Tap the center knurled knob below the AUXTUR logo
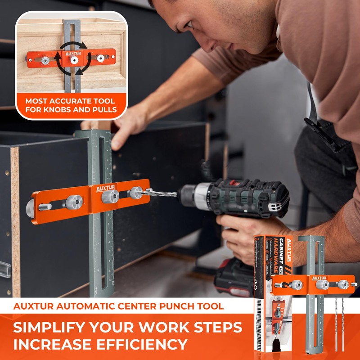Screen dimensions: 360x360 point(109,197)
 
